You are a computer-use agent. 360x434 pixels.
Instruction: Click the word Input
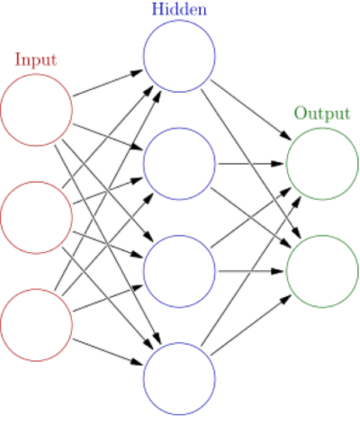[36, 60]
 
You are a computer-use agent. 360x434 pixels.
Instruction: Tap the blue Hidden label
[179, 9]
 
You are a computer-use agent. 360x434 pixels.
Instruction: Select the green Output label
[322, 114]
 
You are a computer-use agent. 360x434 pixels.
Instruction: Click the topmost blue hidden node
[143, 56]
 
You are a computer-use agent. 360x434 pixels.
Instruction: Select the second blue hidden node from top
[143, 164]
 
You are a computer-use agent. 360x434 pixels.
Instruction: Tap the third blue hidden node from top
[143, 271]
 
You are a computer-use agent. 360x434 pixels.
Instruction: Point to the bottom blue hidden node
[143, 378]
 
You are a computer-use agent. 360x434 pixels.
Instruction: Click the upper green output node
[287, 164]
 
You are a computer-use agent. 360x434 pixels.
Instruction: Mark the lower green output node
[287, 271]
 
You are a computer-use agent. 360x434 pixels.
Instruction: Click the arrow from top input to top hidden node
[108, 83]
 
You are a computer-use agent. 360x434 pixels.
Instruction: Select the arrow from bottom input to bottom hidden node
[108, 352]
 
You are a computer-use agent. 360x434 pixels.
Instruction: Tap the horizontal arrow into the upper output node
[251, 164]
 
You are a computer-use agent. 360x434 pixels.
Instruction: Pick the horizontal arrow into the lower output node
[251, 271]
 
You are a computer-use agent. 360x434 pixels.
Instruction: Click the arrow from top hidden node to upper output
[251, 110]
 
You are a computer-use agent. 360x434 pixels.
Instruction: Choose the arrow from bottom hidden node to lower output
[251, 325]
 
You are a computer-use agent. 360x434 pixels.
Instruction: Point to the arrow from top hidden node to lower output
[251, 164]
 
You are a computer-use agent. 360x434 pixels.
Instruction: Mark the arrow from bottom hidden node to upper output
[251, 271]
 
